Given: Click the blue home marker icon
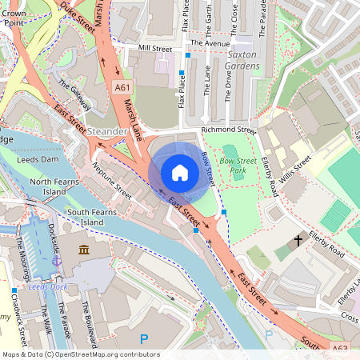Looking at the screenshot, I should point(180,173).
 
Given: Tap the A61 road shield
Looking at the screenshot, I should point(122,87).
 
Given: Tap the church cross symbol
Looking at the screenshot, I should point(298,239).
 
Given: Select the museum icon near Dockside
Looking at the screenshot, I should point(83,250).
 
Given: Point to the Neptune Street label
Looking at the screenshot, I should point(112,182).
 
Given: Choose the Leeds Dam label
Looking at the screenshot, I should point(38,159).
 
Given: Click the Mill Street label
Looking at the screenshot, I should point(155,49).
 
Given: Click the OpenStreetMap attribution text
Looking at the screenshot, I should point(80,354).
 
